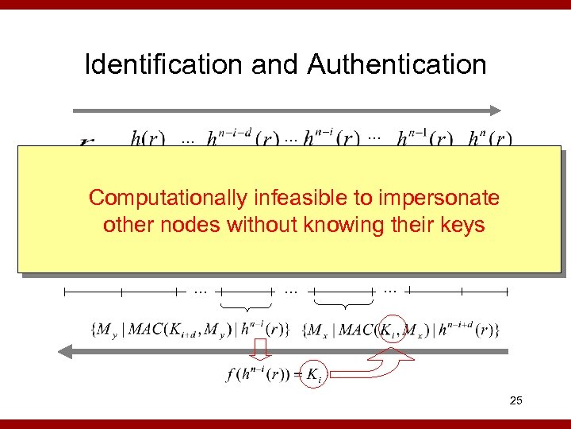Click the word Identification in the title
tap(164, 64)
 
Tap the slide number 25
tap(515, 401)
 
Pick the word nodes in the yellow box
tap(193, 225)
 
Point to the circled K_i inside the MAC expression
tap(390, 329)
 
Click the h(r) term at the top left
tap(148, 139)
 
